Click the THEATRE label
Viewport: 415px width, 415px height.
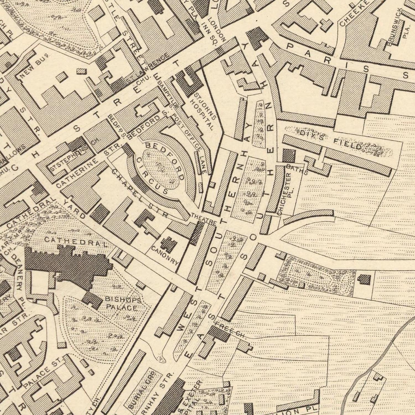[203, 219]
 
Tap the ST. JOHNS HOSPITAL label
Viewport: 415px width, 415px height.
[204, 112]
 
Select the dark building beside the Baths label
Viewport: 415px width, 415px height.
[289, 156]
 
